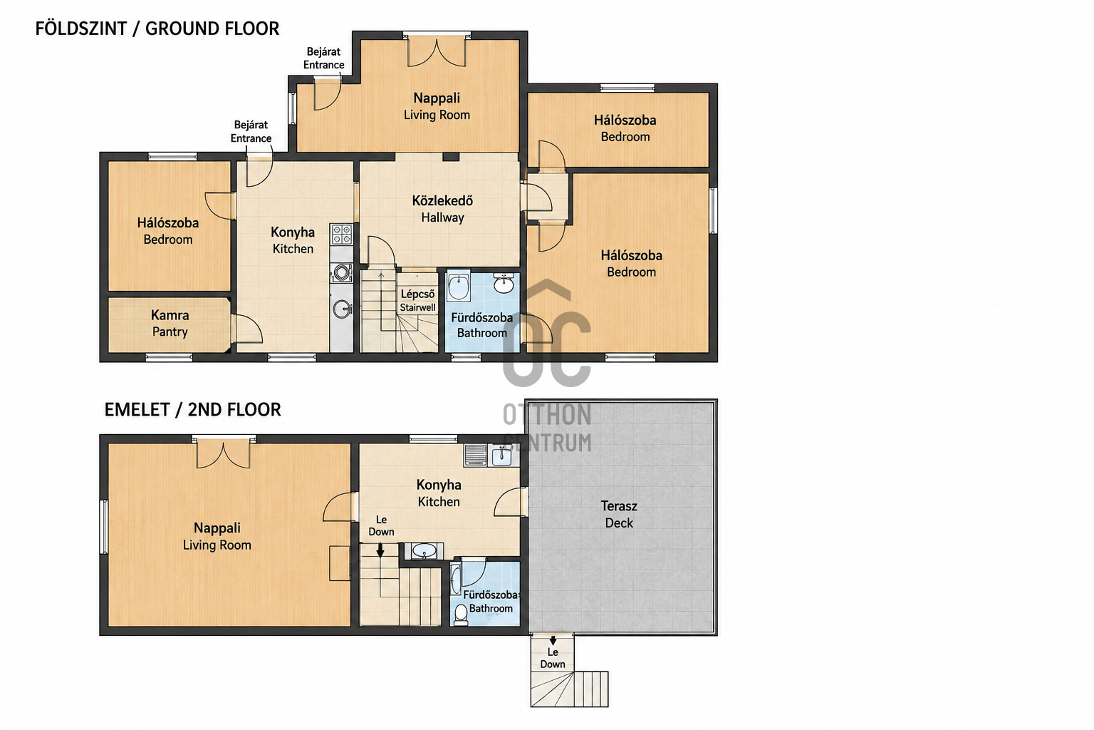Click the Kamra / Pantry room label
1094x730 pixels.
[170, 323]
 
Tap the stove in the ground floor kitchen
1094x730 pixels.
[341, 235]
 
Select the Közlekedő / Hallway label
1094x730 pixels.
[442, 209]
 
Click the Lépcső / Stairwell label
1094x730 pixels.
[417, 301]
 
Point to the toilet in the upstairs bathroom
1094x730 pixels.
[461, 615]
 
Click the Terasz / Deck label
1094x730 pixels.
[619, 515]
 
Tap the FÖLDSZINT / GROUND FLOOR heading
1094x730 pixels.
[157, 29]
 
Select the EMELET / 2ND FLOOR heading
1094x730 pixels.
[193, 410]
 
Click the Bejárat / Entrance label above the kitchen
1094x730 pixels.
[251, 131]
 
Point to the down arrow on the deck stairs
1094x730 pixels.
[553, 640]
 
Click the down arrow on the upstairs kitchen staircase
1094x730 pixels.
[380, 550]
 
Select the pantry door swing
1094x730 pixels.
[248, 329]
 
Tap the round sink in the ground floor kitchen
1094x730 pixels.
[342, 309]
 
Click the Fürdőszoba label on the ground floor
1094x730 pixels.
[481, 318]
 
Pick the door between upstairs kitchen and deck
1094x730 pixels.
[510, 502]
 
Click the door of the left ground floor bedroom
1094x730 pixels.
[219, 206]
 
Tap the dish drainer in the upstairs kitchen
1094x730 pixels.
[475, 455]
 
